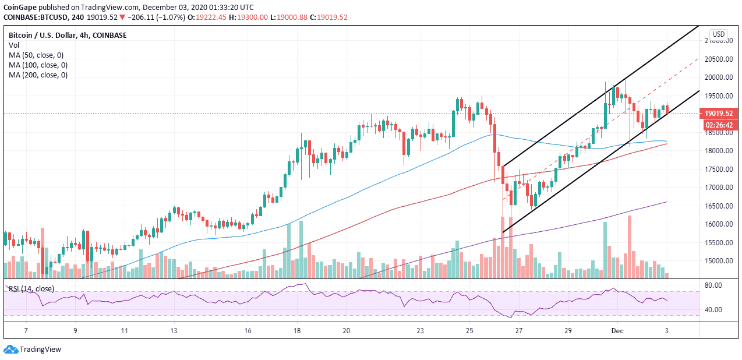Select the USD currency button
[718, 34]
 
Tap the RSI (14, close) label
[31, 288]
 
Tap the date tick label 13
[174, 331]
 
